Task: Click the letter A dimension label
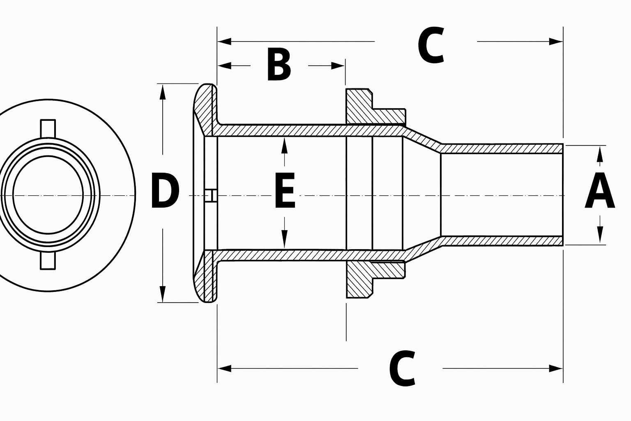point(600,192)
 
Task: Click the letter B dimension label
point(279,65)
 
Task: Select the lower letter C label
point(402,368)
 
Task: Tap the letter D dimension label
point(165,191)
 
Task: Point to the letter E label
point(284,192)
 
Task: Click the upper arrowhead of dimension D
point(163,91)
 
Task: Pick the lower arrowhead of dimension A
point(600,236)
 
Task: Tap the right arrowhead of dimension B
point(339,65)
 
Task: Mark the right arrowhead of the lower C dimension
point(556,368)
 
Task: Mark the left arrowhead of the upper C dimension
point(224,41)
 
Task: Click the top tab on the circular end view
point(48,128)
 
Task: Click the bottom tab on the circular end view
point(48,261)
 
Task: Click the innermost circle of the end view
point(48,194)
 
